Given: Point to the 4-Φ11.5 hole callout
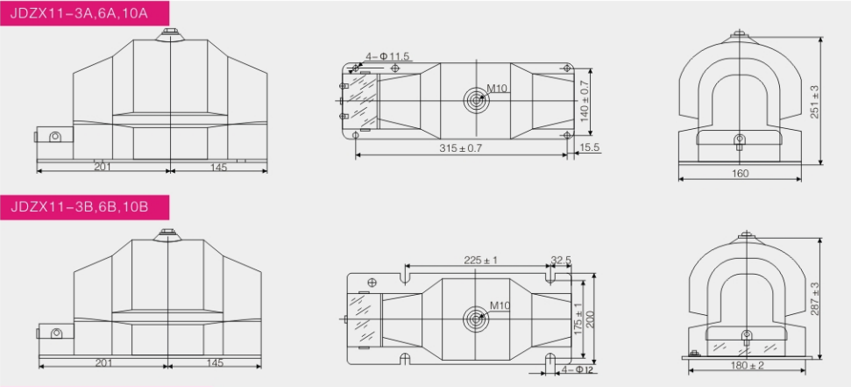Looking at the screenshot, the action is [x=387, y=56].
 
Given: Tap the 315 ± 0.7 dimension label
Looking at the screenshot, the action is [x=461, y=147].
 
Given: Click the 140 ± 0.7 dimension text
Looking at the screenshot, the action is [x=585, y=101].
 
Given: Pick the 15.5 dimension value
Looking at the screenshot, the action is [x=589, y=147].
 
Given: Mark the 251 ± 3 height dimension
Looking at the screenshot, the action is [x=815, y=102].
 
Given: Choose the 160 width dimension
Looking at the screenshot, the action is [x=740, y=174].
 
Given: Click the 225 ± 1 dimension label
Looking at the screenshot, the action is [x=481, y=261].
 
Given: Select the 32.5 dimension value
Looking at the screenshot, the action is [x=561, y=261].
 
